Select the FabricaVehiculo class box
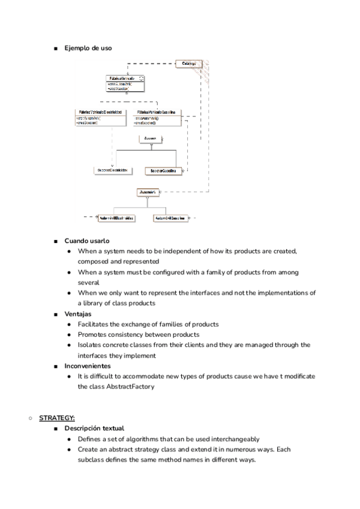[x=125, y=83]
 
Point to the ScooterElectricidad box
[x=112, y=170]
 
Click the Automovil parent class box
[x=148, y=193]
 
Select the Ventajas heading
[x=79, y=314]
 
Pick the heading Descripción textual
[x=94, y=428]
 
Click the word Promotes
[x=92, y=334]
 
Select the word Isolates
[x=90, y=345]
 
